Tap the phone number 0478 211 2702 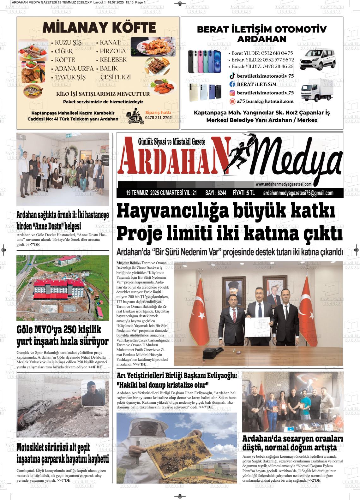(x=158, y=118)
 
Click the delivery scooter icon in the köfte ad (x=135, y=117)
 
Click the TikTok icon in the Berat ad (x=232, y=76)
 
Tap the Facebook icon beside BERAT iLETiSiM (x=232, y=84)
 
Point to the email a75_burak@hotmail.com (x=265, y=101)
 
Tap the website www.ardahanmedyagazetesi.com (x=284, y=184)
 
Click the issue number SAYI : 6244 (x=216, y=193)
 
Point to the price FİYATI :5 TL (x=243, y=193)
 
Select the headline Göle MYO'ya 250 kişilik (x=59, y=330)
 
